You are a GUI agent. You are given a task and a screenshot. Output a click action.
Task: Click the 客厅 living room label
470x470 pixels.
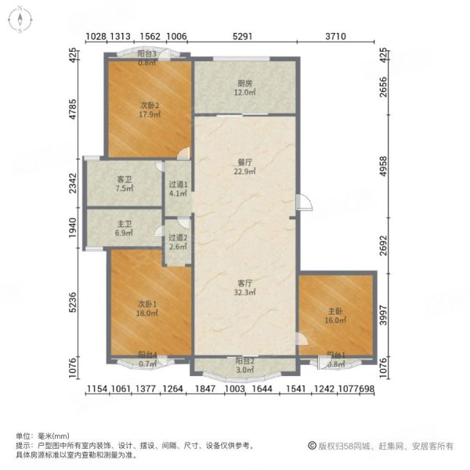click(x=245, y=282)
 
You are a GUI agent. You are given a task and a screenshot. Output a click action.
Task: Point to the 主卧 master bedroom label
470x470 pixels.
click(x=335, y=309)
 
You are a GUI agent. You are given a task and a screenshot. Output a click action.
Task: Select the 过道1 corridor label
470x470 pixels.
click(x=178, y=185)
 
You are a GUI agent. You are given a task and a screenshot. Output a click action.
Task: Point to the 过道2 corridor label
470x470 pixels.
click(x=178, y=237)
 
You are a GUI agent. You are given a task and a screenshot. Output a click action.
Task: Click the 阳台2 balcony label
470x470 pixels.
click(x=244, y=361)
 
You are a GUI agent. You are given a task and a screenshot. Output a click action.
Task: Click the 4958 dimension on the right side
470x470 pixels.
click(x=383, y=167)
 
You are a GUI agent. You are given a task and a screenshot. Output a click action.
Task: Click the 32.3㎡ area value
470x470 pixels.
click(x=245, y=292)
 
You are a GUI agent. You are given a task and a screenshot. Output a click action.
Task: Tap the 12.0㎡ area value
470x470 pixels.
click(x=244, y=92)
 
